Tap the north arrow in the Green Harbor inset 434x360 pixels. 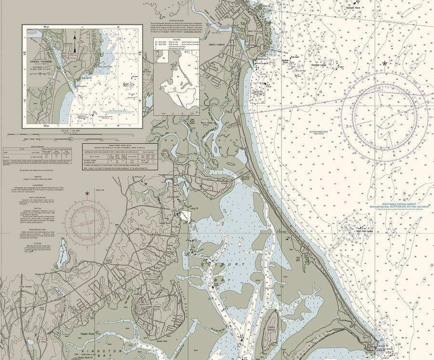[x=75, y=35]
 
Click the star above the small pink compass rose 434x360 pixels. [x=87, y=194]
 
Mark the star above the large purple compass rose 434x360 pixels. [x=384, y=63]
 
